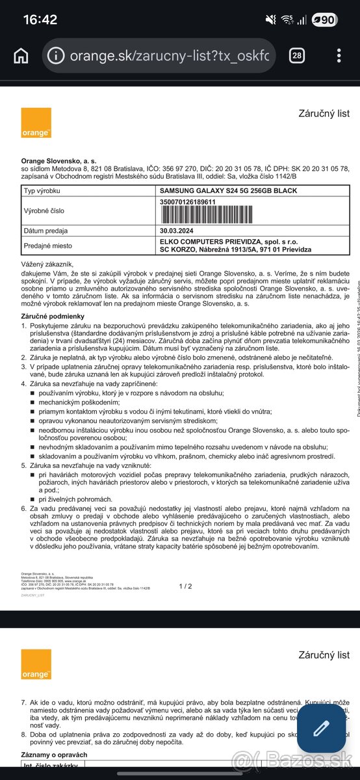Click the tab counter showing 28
pyautogui.click(x=297, y=55)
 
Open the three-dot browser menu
pyautogui.click(x=338, y=55)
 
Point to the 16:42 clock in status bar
pyautogui.click(x=40, y=19)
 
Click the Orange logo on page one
pyautogui.click(x=36, y=123)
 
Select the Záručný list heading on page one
pyautogui.click(x=324, y=114)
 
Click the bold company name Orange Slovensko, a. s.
pyautogui.click(x=58, y=161)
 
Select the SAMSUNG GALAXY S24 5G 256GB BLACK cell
pyautogui.click(x=228, y=190)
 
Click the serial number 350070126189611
pyautogui.click(x=188, y=201)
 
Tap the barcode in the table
pyautogui.click(x=214, y=214)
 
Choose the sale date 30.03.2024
pyautogui.click(x=177, y=231)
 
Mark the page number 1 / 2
pyautogui.click(x=186, y=586)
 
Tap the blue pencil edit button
pyautogui.click(x=321, y=729)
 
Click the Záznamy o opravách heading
pyautogui.click(x=55, y=754)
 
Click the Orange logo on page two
pyautogui.click(x=36, y=664)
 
